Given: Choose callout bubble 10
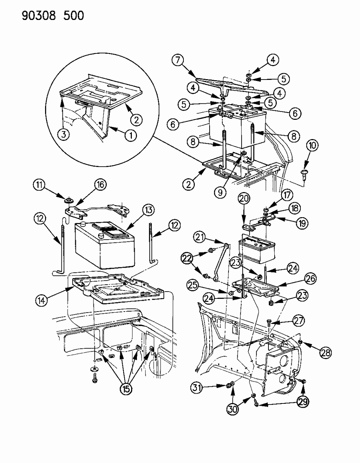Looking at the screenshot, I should click(x=312, y=146).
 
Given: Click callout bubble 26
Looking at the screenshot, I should click(x=310, y=279).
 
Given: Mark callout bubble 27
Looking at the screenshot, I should click(x=299, y=321).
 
